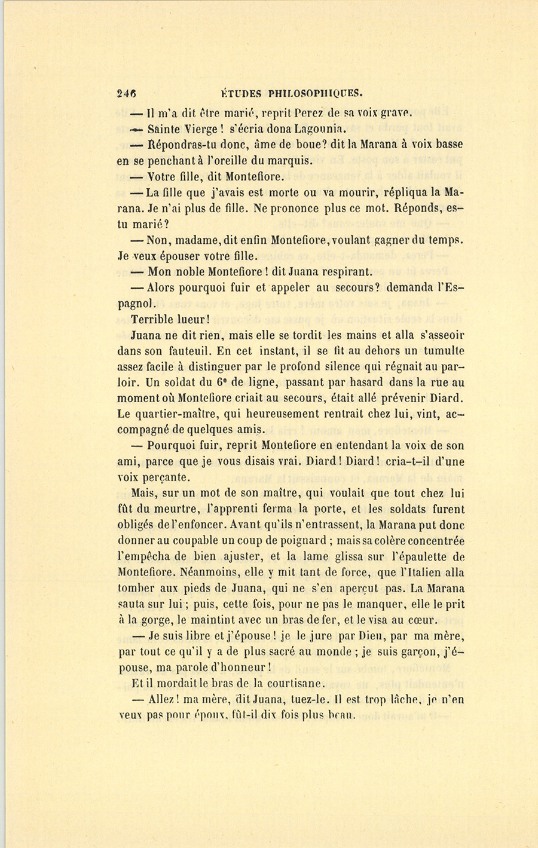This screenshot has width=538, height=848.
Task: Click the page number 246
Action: tap(127, 93)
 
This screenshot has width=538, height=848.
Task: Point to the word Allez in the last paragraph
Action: tap(161, 699)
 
